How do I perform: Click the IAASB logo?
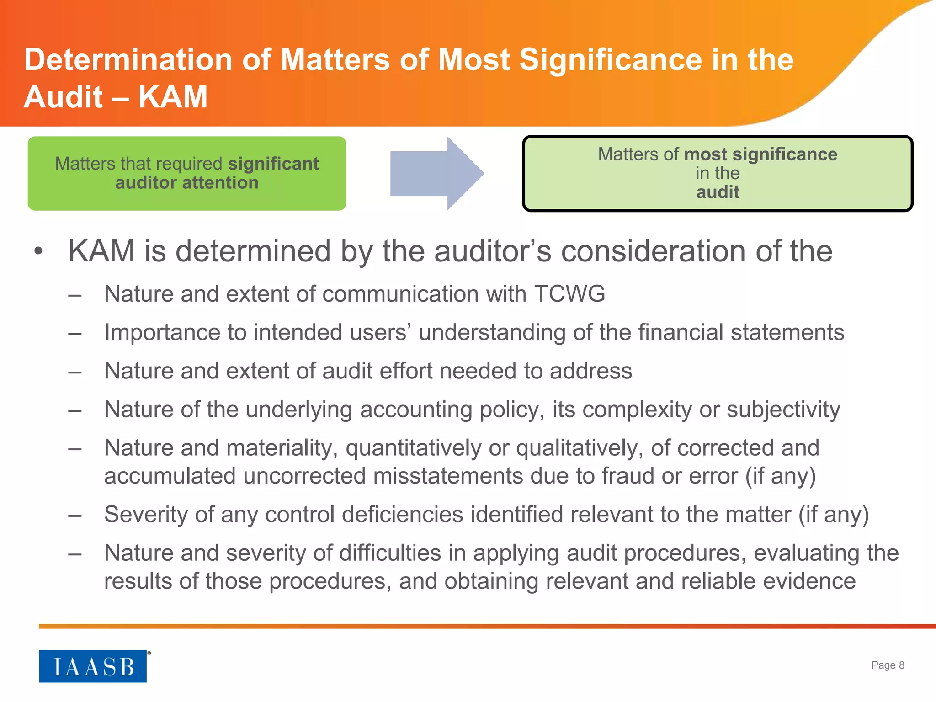[93, 666]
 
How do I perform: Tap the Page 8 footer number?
[888, 665]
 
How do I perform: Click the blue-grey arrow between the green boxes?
[436, 173]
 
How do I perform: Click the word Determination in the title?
[128, 60]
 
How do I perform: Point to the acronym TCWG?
[570, 293]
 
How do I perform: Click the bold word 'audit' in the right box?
[718, 192]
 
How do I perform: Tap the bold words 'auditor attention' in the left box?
[186, 183]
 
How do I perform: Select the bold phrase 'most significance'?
[760, 154]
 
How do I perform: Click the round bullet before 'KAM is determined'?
[38, 251]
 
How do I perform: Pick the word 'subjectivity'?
[783, 409]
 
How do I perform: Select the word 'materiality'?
[282, 448]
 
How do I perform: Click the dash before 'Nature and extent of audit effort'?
[74, 372]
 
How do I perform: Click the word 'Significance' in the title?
[611, 60]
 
